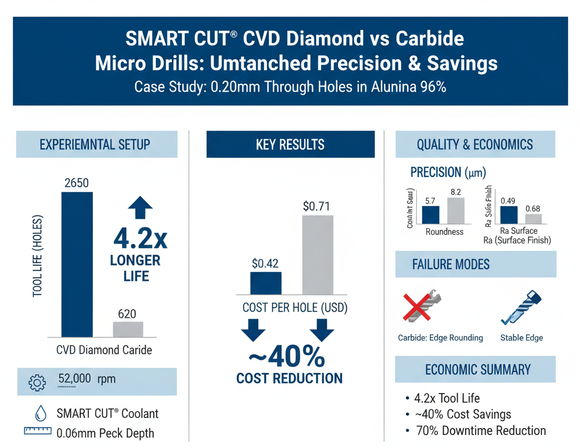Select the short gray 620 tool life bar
(128, 329)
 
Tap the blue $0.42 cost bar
(266, 283)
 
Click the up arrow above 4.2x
(141, 208)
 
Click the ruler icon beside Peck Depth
(37, 432)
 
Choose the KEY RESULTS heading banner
(290, 144)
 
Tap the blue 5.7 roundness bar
(430, 215)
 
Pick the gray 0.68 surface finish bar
(533, 219)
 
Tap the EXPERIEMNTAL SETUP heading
(95, 144)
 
